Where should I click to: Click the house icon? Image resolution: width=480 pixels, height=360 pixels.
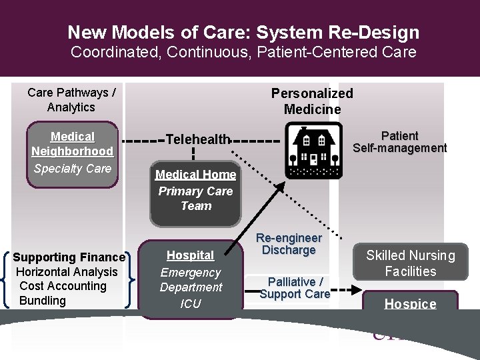click(x=314, y=151)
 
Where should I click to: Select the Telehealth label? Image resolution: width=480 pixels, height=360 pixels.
click(x=198, y=139)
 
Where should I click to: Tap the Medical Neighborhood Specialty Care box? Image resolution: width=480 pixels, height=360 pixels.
click(x=72, y=153)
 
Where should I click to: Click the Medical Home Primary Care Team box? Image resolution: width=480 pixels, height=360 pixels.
click(x=195, y=192)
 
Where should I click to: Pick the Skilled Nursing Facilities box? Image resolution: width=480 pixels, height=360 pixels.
click(x=410, y=263)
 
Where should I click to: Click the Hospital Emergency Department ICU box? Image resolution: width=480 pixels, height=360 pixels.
click(x=191, y=279)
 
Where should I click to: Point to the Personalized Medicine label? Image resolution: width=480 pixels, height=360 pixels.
click(x=311, y=101)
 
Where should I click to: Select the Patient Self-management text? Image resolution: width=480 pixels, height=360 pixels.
click(x=399, y=142)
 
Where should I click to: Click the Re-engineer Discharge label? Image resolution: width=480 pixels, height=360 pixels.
click(x=289, y=244)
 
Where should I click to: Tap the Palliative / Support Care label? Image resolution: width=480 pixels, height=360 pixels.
click(x=295, y=287)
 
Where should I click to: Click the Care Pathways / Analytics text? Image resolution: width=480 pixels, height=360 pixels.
click(x=71, y=100)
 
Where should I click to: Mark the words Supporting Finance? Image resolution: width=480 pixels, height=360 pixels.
click(x=69, y=257)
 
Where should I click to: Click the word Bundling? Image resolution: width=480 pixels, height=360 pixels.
click(x=43, y=301)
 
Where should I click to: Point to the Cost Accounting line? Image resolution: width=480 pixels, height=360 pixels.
click(x=63, y=286)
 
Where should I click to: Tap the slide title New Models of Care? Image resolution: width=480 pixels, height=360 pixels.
click(x=243, y=32)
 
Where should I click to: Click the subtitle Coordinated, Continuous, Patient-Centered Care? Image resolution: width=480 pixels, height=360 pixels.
click(x=243, y=52)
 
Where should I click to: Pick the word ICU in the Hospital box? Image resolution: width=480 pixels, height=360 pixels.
click(x=191, y=304)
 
